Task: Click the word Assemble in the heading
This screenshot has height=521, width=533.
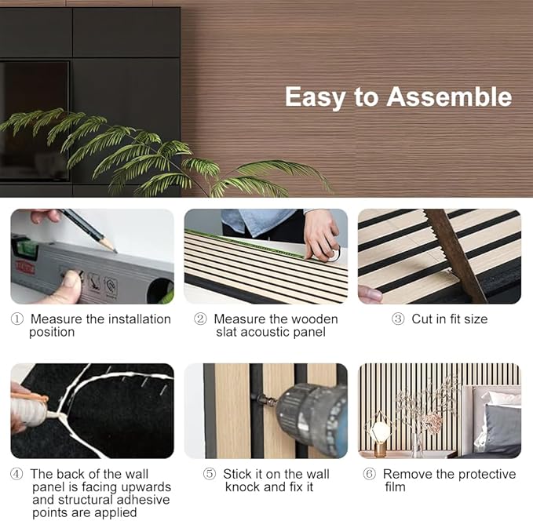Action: tap(449, 97)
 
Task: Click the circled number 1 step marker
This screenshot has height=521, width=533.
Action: tap(17, 319)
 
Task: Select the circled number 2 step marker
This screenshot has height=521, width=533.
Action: tap(200, 319)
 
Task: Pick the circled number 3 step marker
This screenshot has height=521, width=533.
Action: tap(398, 319)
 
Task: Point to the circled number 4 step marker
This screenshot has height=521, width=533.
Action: tap(17, 474)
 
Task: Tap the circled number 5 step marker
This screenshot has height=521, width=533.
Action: tap(210, 474)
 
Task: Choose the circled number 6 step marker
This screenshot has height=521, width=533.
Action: tap(370, 474)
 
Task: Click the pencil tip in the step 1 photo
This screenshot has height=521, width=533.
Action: tap(116, 252)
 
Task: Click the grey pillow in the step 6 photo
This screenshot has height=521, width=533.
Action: tap(502, 424)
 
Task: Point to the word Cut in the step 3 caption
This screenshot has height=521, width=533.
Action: tap(422, 319)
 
